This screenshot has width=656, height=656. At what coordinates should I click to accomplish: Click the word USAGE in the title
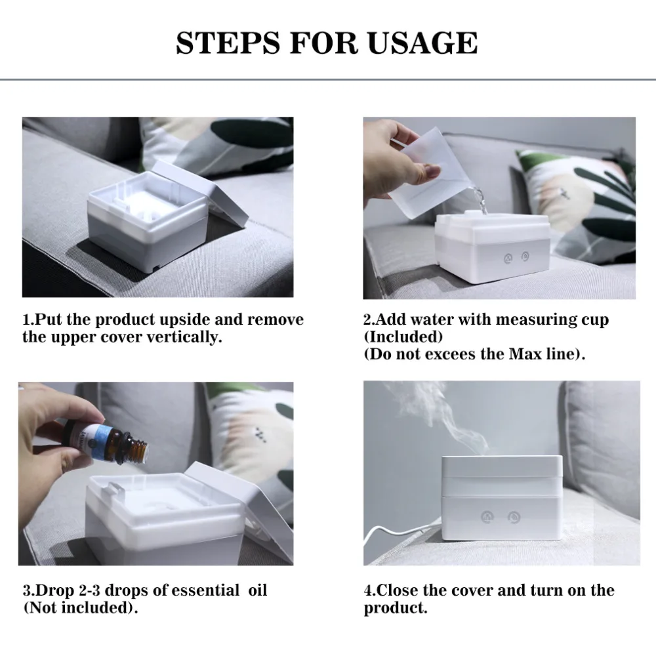(422, 43)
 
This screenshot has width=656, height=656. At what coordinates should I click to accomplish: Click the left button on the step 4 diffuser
(487, 517)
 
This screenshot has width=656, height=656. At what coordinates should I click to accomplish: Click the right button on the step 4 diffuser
(514, 518)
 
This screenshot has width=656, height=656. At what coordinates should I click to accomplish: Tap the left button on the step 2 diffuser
(508, 258)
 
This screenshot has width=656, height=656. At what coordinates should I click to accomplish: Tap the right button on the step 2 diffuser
(525, 256)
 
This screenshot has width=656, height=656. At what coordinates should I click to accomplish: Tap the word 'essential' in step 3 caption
(205, 590)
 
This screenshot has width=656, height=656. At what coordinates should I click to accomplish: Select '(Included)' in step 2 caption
(403, 337)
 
